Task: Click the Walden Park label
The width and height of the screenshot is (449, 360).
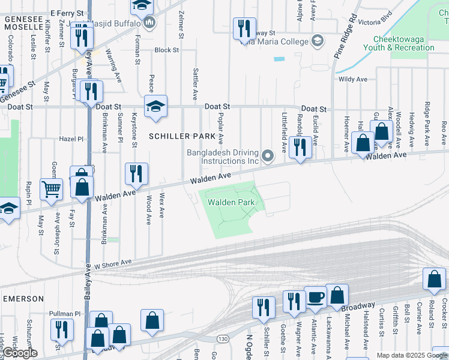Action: click(231, 203)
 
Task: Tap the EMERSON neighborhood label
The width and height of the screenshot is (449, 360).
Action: click(23, 299)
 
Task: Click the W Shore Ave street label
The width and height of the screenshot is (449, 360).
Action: click(112, 263)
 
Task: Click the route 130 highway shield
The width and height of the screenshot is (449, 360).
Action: click(223, 339)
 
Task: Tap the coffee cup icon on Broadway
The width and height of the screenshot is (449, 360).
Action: click(315, 296)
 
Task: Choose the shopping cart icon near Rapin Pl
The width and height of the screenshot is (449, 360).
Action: click(51, 188)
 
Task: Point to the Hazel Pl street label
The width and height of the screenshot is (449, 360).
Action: click(71, 139)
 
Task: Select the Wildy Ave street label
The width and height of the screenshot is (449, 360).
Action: click(352, 79)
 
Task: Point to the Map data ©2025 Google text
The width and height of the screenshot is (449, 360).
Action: click(411, 355)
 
